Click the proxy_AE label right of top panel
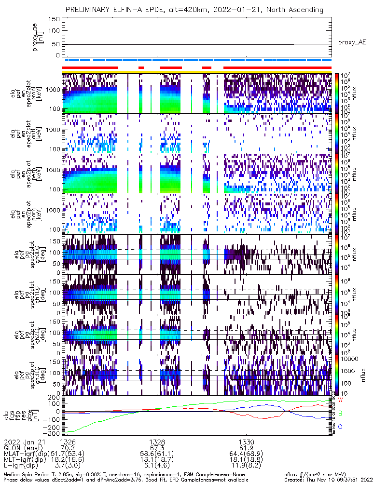(x=352, y=42)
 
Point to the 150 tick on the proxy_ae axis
(x=55, y=19)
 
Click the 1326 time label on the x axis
(x=68, y=442)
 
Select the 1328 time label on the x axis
(x=157, y=442)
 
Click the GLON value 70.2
(x=68, y=448)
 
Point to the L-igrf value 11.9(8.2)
(x=247, y=467)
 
